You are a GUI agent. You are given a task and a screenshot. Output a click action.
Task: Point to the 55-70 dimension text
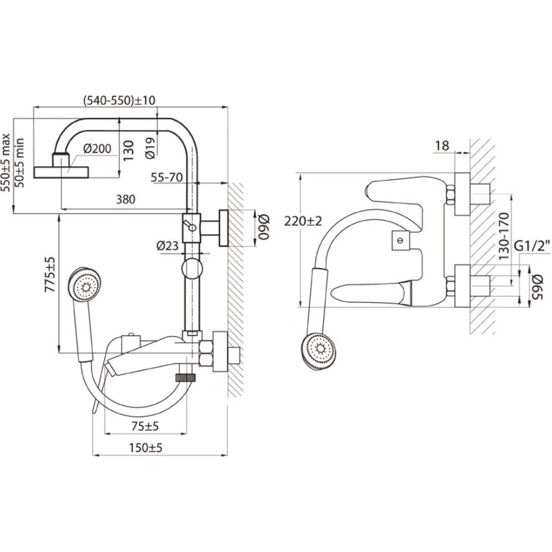click(166, 177)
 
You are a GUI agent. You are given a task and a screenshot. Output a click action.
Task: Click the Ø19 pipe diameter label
click(151, 146)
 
